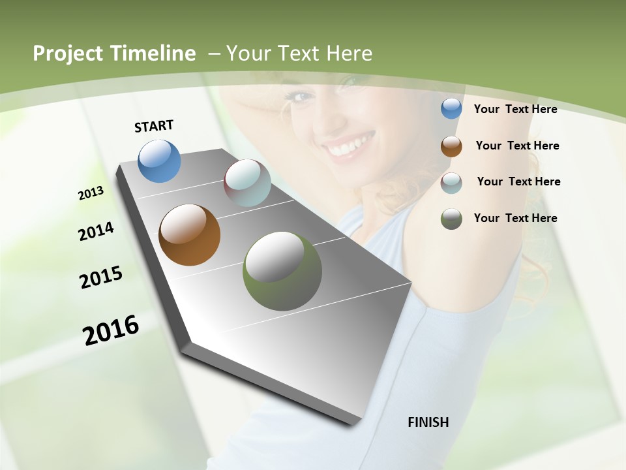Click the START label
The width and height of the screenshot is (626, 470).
point(154,126)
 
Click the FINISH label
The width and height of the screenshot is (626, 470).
point(428,422)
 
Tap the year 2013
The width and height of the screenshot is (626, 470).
point(91,193)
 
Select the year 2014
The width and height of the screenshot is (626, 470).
point(96,231)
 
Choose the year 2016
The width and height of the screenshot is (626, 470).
point(111,330)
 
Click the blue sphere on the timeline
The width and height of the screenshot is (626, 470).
point(159,161)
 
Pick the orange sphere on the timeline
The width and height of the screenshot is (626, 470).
point(189,235)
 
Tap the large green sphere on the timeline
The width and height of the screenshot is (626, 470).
point(282,271)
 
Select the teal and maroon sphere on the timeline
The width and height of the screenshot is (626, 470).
point(247,183)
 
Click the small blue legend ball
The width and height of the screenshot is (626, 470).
point(451,109)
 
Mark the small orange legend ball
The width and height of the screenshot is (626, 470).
point(451,146)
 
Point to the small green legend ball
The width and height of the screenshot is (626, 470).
point(451,219)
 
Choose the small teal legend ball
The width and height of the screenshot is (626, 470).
point(451,183)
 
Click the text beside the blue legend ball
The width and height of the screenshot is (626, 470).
point(515,109)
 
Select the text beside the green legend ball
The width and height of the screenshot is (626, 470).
point(515,218)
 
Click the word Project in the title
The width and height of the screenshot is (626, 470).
point(67,54)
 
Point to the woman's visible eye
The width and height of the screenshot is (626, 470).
point(302,97)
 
